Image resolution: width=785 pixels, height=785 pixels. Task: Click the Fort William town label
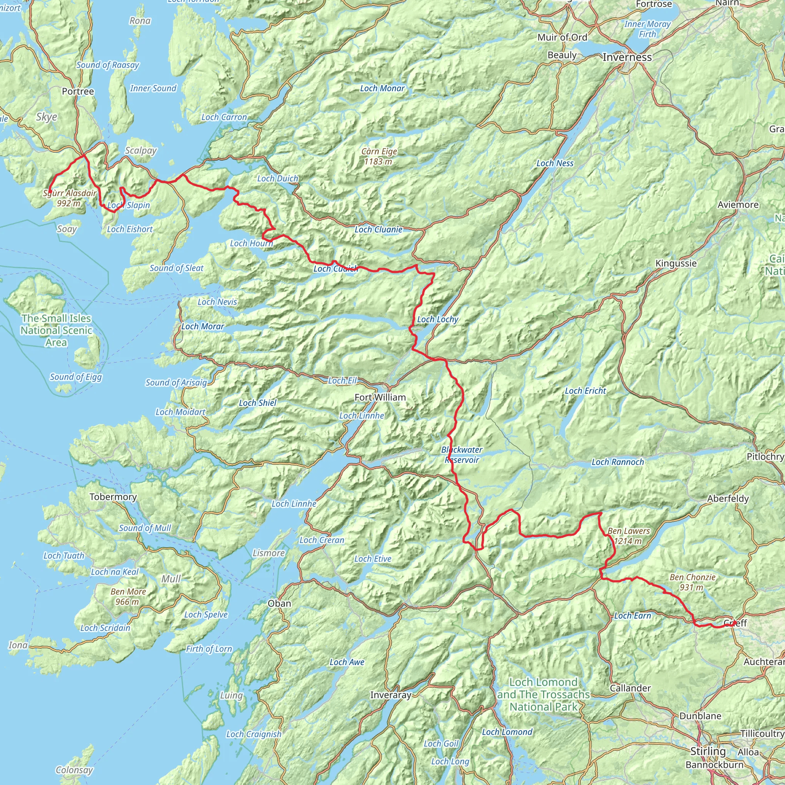click(x=380, y=397)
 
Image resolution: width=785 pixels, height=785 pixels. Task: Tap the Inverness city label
click(x=627, y=57)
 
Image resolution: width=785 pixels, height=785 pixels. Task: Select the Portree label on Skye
click(x=78, y=92)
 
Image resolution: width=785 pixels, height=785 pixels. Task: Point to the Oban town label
click(x=279, y=603)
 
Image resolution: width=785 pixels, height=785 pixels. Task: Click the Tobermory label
click(x=113, y=496)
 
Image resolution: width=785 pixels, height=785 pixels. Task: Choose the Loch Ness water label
click(x=555, y=163)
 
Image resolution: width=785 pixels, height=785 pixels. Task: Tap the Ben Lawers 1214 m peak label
click(x=628, y=536)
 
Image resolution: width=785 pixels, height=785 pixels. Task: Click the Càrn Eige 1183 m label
click(x=379, y=156)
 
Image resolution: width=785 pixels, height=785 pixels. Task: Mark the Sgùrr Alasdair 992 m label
click(x=69, y=198)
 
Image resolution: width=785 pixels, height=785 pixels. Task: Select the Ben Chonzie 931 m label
click(x=692, y=582)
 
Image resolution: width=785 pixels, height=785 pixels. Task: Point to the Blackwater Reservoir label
click(x=462, y=455)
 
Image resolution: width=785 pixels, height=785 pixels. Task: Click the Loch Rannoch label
click(x=617, y=462)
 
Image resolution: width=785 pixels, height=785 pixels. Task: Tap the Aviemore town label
click(x=738, y=205)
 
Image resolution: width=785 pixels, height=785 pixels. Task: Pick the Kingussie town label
click(x=676, y=263)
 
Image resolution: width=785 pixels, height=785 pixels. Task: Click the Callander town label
click(x=630, y=688)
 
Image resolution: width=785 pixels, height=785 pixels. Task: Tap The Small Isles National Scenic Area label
click(x=56, y=330)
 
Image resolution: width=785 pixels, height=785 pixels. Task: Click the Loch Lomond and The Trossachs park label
click(x=543, y=695)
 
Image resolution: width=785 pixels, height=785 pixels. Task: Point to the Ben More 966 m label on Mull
click(x=128, y=596)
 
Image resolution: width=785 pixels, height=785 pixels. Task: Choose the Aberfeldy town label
click(x=728, y=499)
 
